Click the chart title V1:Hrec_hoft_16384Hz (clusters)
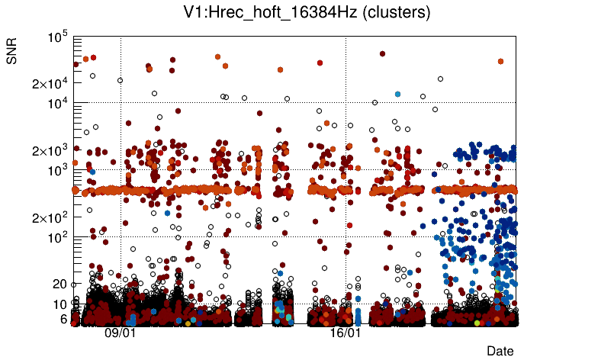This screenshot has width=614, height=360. tap(307, 13)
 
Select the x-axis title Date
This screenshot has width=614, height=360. tap(500, 351)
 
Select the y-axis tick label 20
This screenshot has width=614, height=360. tap(60, 284)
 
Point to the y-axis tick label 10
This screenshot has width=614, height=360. tap(60, 304)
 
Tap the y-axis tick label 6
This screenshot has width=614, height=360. tap(64, 319)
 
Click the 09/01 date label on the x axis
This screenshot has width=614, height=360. tap(120, 333)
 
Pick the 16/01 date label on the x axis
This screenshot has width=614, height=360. tap(345, 333)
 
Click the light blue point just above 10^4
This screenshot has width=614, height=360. tap(397, 94)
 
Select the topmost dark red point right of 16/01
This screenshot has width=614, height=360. tap(382, 54)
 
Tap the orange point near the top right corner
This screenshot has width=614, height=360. tap(500, 61)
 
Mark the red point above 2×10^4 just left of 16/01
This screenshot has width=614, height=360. tap(320, 63)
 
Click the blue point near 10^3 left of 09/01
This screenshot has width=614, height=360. tap(92, 172)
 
